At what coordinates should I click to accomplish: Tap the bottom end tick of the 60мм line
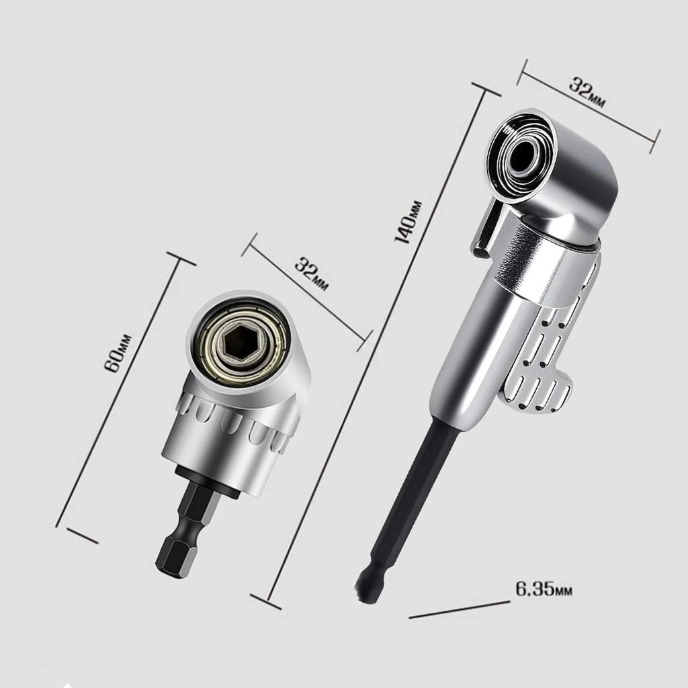pos(82,535)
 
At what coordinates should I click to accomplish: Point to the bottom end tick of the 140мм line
pos(265,602)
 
